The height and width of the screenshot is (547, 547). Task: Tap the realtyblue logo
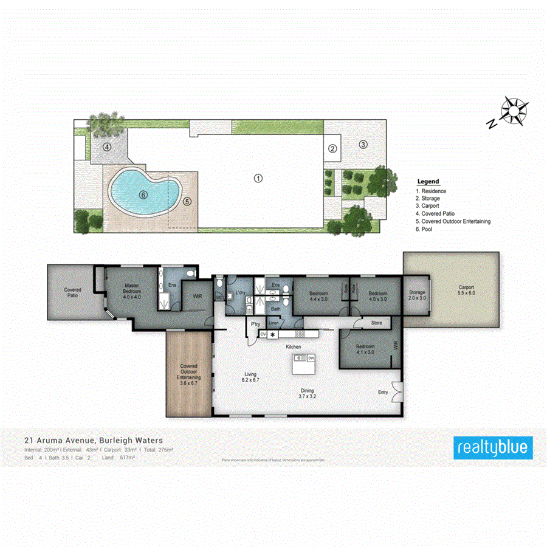point(494,448)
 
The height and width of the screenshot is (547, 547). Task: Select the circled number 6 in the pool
point(143,195)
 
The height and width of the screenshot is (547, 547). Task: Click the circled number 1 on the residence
point(258,178)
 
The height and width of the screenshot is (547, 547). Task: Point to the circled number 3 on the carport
point(363,145)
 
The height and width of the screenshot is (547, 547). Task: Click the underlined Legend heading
point(428,182)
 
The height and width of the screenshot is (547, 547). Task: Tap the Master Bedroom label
point(132,291)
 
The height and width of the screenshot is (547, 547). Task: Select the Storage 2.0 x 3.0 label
point(417,295)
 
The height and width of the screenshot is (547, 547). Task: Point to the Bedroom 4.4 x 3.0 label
point(319,295)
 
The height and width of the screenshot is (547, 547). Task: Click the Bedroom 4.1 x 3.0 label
point(366,349)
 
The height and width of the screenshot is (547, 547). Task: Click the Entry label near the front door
point(383,392)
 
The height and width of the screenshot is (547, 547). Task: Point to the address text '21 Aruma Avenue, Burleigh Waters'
point(93,440)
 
